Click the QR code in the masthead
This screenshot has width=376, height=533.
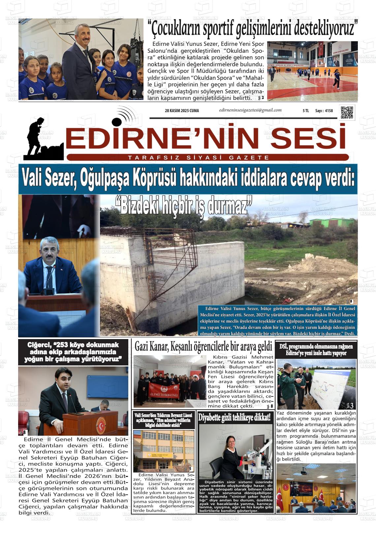pyautogui.click(x=347, y=112)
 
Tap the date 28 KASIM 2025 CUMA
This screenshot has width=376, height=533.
pyautogui.click(x=182, y=111)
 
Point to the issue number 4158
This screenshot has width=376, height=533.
pyautogui.click(x=329, y=111)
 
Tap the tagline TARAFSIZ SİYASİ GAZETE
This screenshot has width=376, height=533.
pyautogui.click(x=199, y=158)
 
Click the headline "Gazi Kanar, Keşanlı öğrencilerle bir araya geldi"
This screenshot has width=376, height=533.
pyautogui.click(x=203, y=347)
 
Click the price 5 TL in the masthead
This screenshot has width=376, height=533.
pyautogui.click(x=305, y=111)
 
